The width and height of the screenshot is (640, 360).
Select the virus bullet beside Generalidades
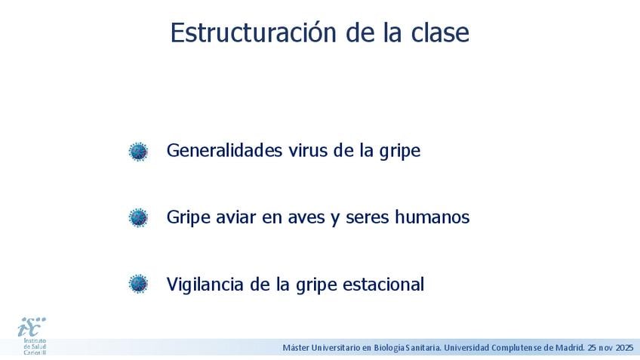(x=138, y=152)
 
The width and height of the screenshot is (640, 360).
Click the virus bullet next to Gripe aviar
(x=138, y=217)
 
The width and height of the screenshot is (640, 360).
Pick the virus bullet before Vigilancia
(x=138, y=284)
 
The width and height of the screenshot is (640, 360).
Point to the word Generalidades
(x=224, y=150)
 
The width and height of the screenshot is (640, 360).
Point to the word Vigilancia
(x=205, y=284)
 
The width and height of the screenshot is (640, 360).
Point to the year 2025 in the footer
(x=624, y=348)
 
